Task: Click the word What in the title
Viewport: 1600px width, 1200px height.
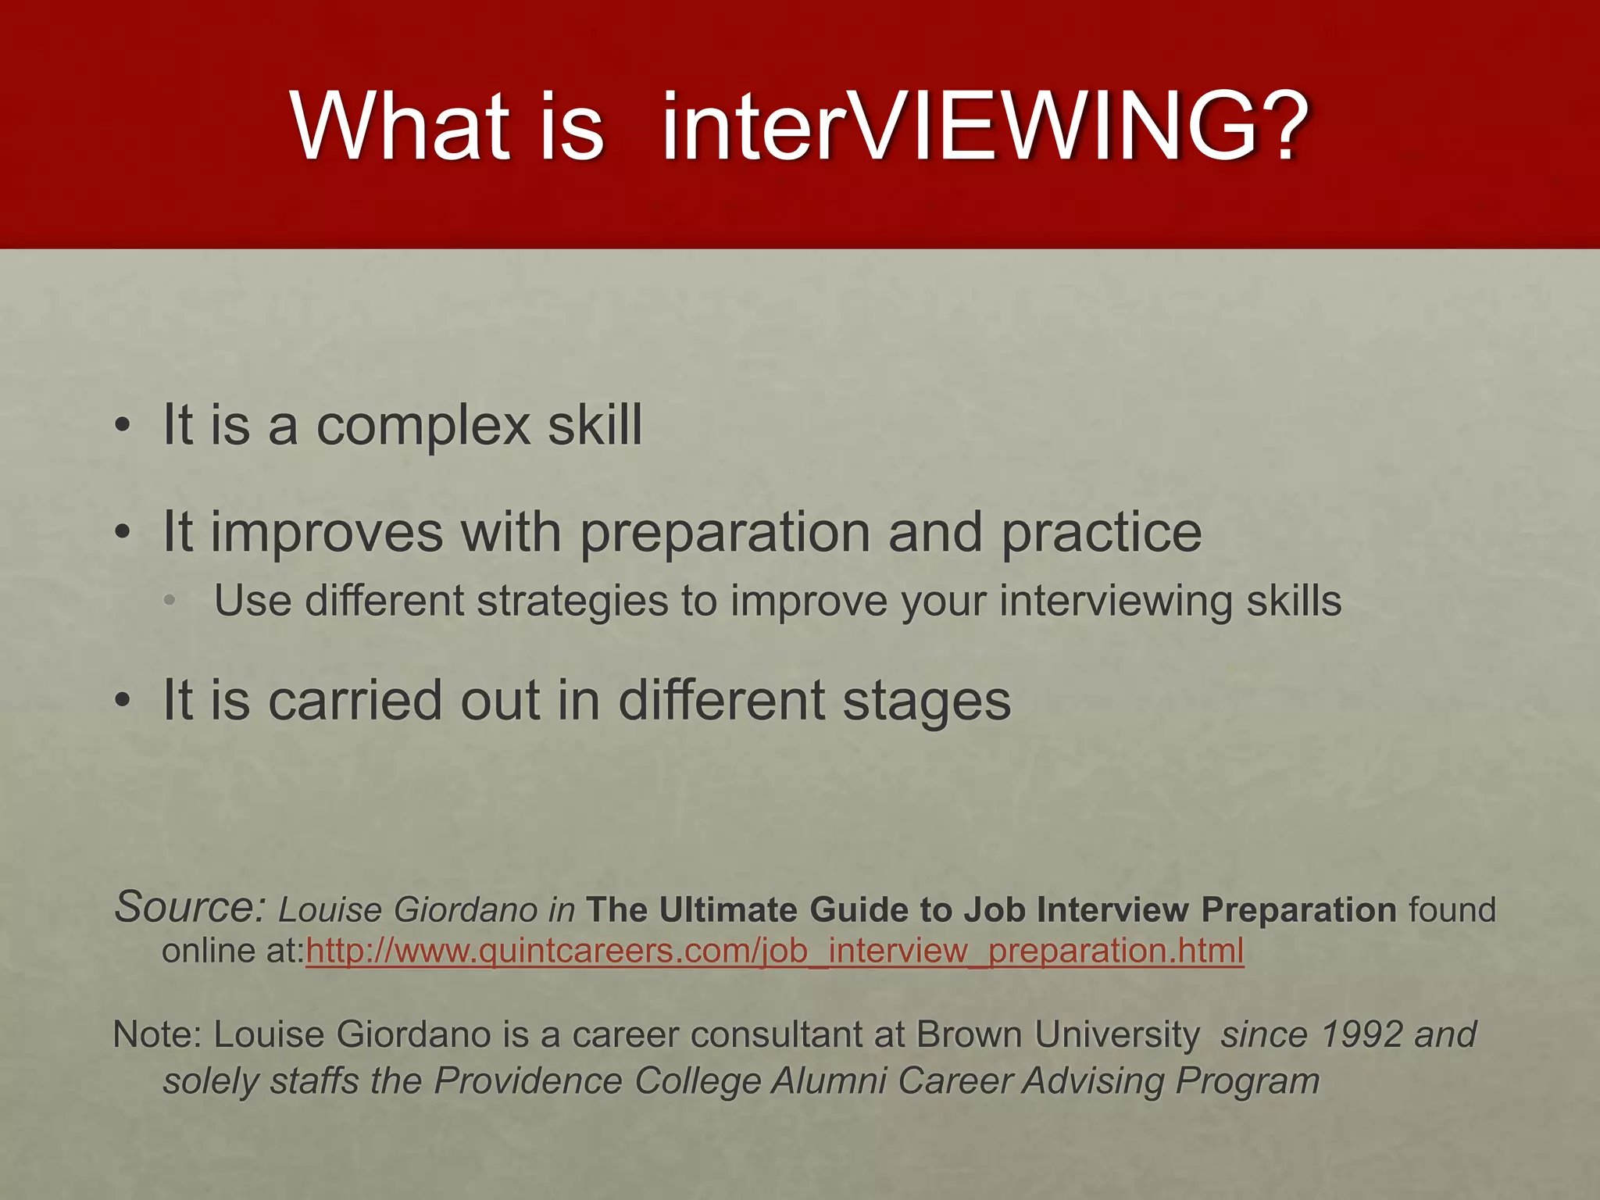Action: click(x=401, y=127)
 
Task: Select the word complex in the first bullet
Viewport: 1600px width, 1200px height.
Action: click(x=423, y=427)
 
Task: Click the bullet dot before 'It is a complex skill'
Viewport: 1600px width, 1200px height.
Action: click(x=122, y=427)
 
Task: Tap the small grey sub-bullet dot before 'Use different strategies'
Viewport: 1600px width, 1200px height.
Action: click(x=170, y=601)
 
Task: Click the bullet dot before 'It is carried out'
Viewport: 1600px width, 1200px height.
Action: click(x=122, y=702)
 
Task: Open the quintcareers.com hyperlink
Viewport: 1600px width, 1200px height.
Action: click(x=774, y=952)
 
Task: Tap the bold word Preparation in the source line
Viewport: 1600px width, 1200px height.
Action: click(x=1298, y=910)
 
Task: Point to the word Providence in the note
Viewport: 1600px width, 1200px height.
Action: click(x=527, y=1082)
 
